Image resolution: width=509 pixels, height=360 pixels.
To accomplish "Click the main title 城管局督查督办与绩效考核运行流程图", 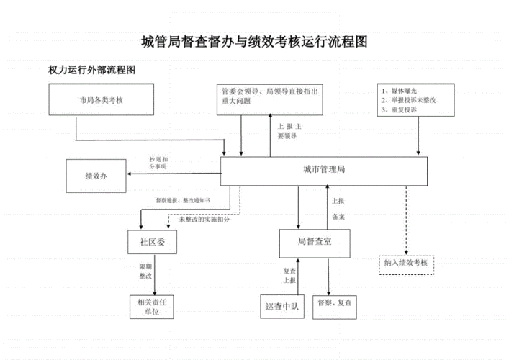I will [254, 42].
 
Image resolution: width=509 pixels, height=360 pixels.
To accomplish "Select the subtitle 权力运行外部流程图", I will [91, 71].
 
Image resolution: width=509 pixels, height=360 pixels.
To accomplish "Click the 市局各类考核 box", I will [101, 100].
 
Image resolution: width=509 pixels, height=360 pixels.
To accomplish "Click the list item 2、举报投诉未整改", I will [410, 102].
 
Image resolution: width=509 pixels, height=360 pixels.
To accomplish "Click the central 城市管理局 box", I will [325, 171].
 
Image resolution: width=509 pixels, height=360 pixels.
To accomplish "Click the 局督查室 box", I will [314, 242].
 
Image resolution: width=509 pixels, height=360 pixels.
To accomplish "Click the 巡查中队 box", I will [283, 307].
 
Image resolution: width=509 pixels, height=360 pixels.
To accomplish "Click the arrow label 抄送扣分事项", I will [158, 163].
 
